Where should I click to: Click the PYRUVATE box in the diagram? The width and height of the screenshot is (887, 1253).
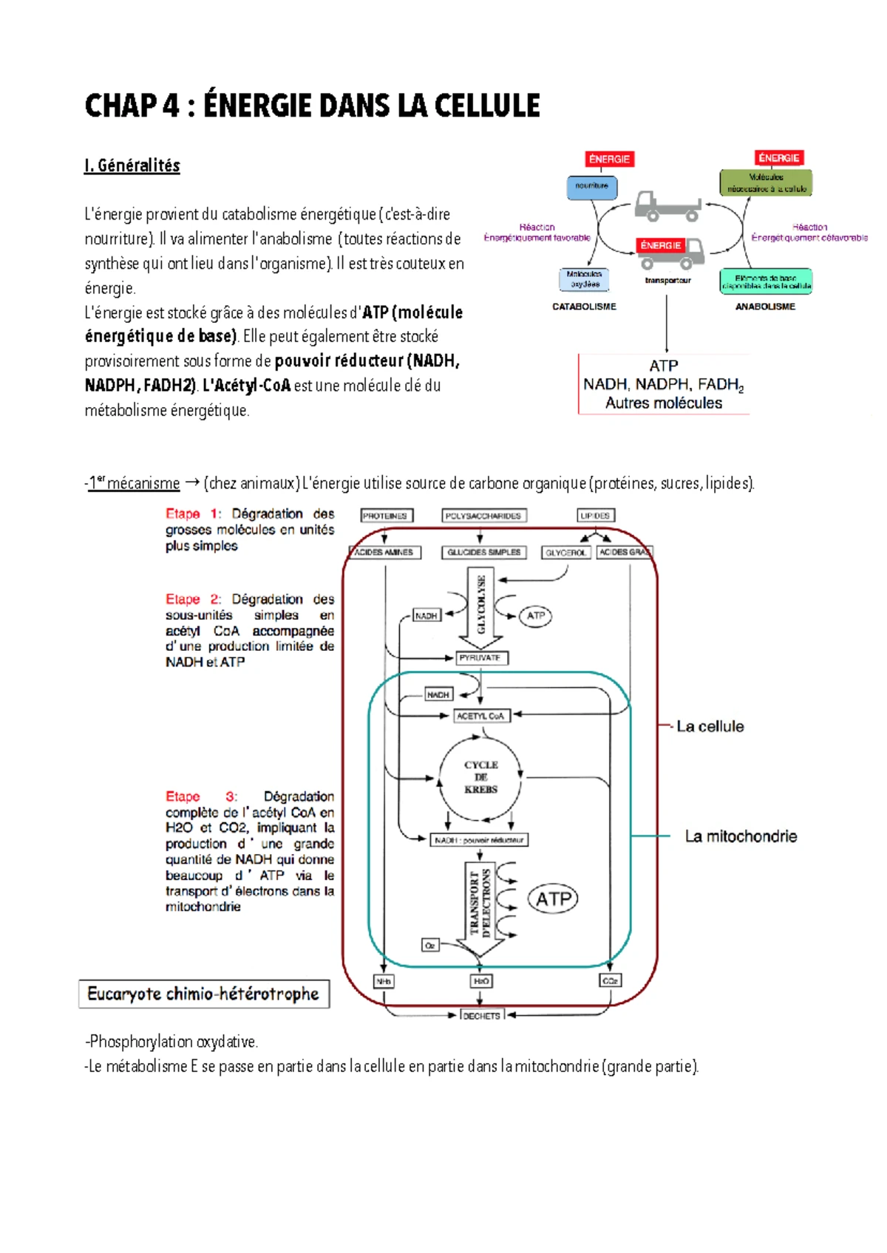tap(480, 658)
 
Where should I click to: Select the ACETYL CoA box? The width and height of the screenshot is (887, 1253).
tap(480, 716)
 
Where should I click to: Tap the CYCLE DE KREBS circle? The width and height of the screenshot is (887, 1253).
tap(480, 777)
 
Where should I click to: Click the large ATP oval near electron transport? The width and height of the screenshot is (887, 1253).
tap(553, 899)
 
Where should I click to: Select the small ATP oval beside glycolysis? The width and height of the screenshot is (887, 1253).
tap(536, 615)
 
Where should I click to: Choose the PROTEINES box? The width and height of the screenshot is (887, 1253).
tap(386, 516)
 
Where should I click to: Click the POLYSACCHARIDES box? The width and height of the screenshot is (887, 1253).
tap(483, 516)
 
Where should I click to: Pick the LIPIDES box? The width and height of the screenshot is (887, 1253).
tap(595, 516)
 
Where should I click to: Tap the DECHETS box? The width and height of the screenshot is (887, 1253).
tap(481, 1016)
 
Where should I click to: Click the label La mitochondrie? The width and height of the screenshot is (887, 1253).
tap(741, 836)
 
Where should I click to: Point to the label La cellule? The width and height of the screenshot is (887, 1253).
tap(710, 726)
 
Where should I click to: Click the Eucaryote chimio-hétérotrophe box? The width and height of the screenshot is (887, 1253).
tap(204, 994)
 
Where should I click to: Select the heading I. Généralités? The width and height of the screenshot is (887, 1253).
tap(132, 165)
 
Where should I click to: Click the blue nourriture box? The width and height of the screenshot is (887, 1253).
tap(592, 186)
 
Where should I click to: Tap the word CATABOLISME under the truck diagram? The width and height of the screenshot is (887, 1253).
tap(584, 307)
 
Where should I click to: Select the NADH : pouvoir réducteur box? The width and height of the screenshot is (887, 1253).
tap(480, 840)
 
